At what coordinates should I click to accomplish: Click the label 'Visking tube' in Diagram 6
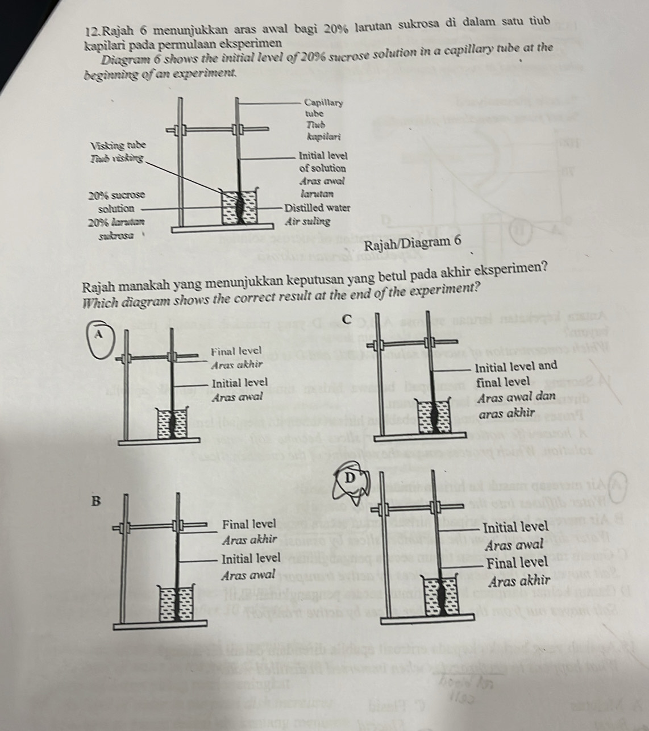pos(118,146)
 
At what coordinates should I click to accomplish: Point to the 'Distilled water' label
pos(317,208)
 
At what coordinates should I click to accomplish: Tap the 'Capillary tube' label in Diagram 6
pos(323,108)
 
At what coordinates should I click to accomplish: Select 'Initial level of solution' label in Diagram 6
pos(322,161)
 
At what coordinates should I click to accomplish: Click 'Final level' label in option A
pos(235,352)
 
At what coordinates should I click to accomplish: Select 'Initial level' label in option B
pos(251,558)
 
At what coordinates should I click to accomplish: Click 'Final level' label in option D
pos(517,563)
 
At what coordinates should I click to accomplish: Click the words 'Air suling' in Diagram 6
pos(308,221)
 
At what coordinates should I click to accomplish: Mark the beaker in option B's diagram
pos(177,603)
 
